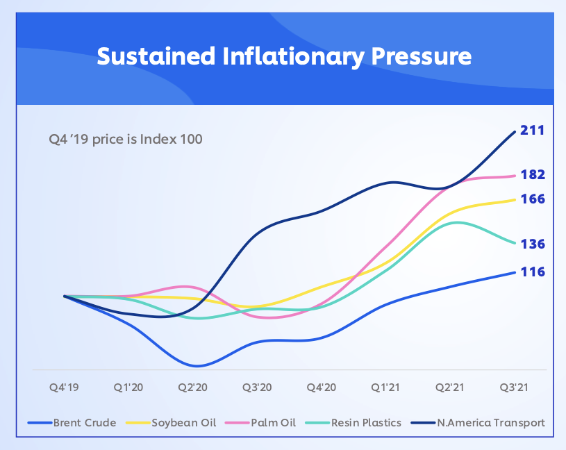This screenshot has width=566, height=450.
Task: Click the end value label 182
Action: click(x=533, y=174)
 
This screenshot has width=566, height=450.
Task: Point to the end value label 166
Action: click(x=533, y=199)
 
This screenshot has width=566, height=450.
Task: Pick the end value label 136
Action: click(x=533, y=244)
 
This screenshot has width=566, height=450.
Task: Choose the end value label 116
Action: click(x=533, y=272)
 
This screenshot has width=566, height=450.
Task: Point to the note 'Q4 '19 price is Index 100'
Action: click(x=125, y=139)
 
